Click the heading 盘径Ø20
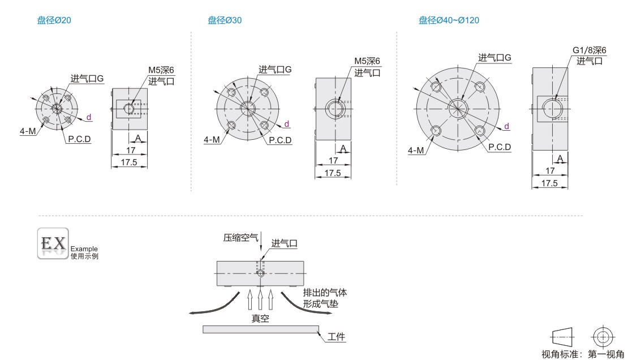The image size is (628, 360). tap(54, 20)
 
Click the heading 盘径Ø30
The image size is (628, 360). tap(225, 20)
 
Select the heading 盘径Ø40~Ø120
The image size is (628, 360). tap(449, 20)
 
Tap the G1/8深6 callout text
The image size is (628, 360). tap(589, 50)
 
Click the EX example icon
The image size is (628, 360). tap(53, 243)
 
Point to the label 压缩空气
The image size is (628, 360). tap(240, 238)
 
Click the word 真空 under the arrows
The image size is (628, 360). tap(260, 318)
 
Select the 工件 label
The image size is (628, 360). tap(336, 337)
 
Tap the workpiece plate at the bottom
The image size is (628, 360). tap(261, 329)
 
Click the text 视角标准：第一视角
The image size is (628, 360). tap(583, 354)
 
